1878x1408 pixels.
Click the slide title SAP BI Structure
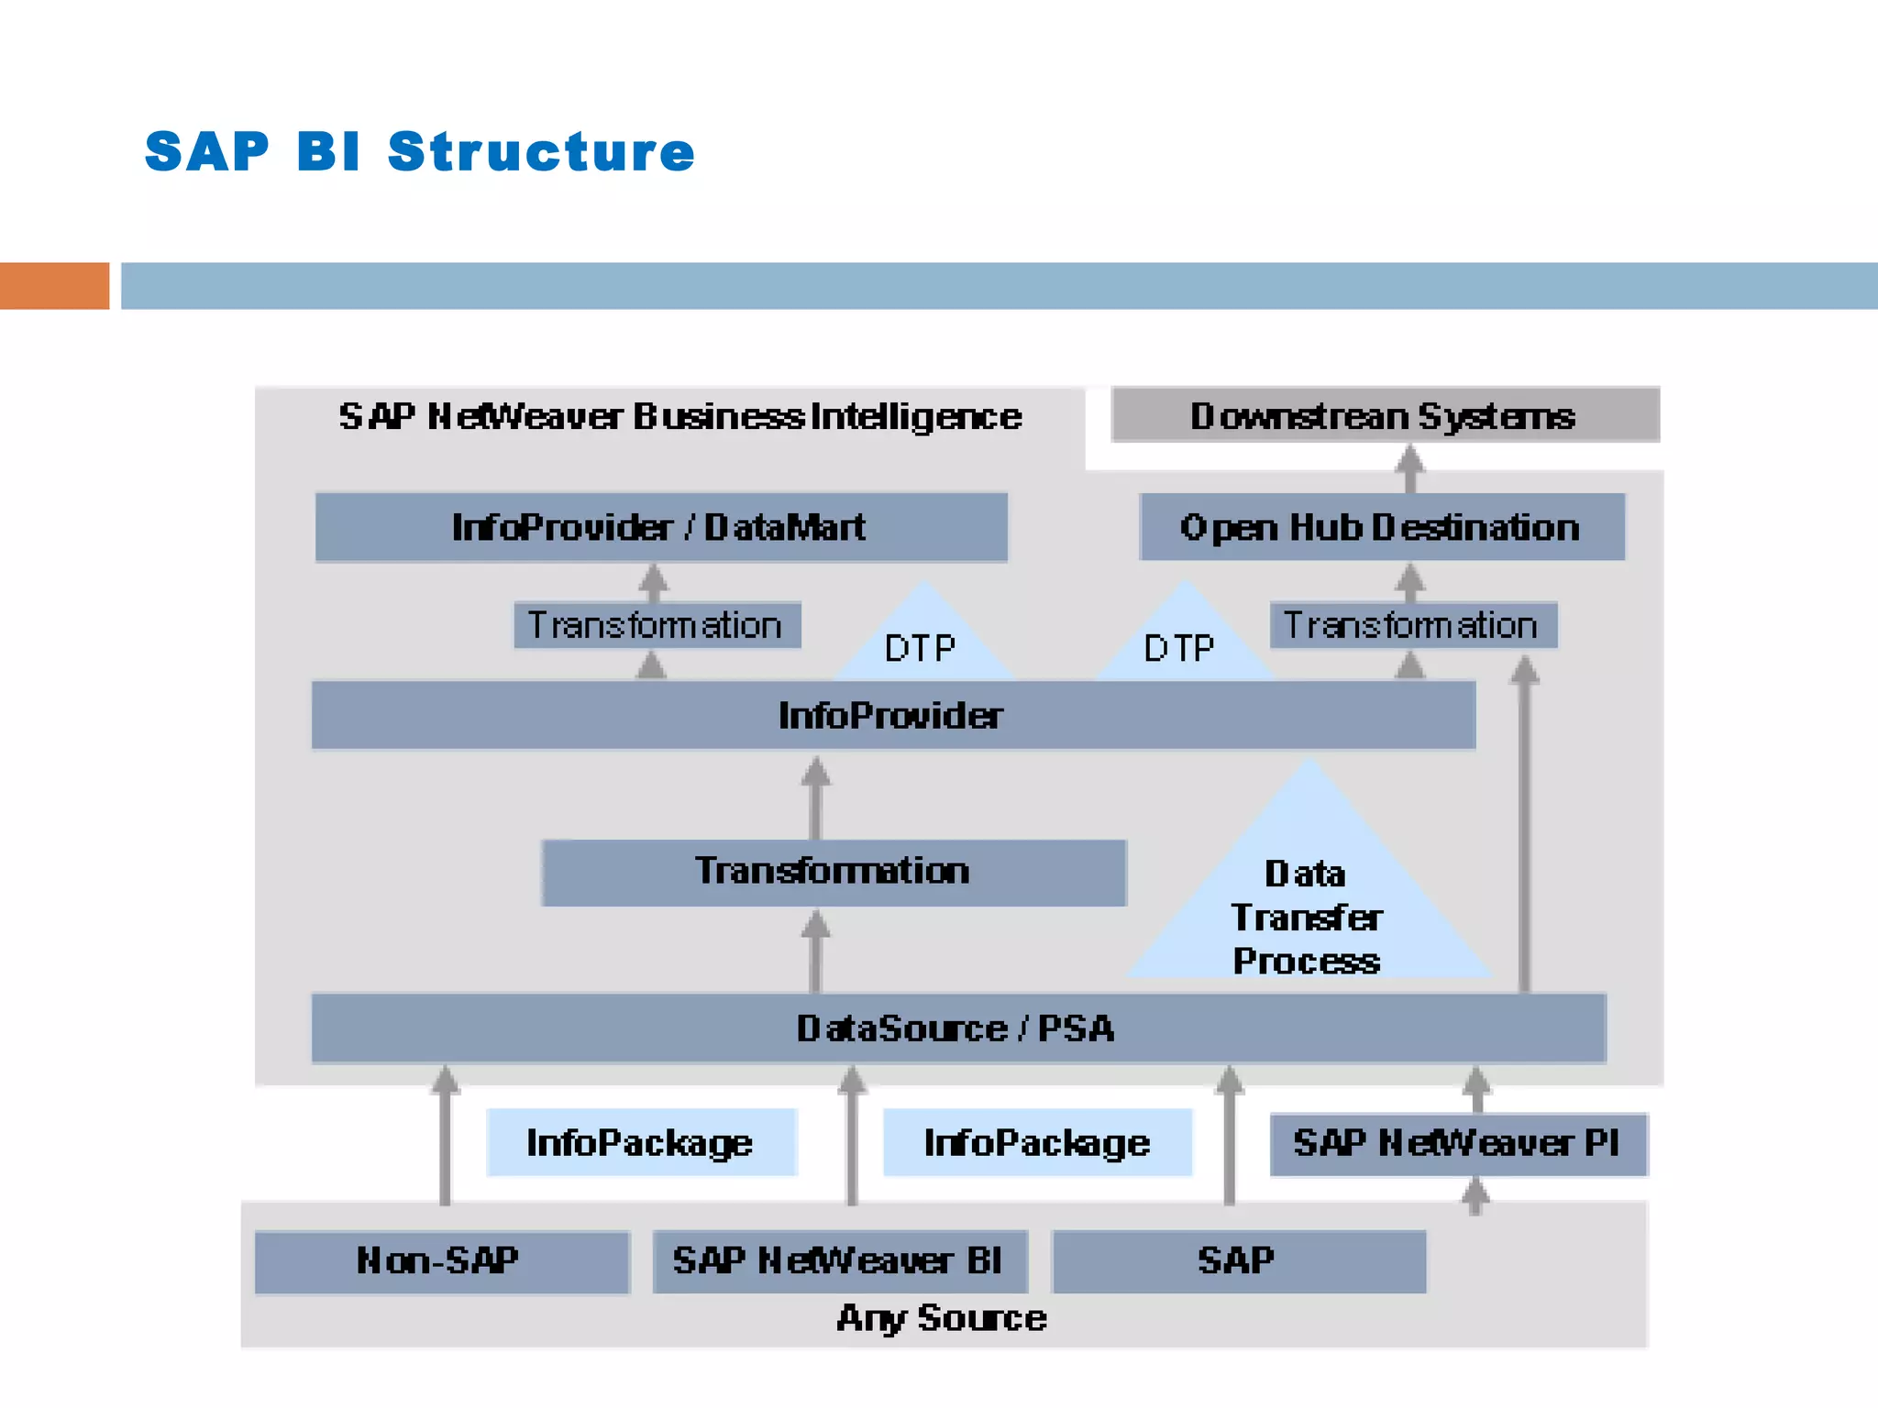(x=420, y=151)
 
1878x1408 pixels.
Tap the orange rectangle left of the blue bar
(x=54, y=285)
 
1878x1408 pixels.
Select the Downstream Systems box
(x=1385, y=415)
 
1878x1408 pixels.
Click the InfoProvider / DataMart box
(x=660, y=527)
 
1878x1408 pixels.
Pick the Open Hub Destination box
(x=1381, y=527)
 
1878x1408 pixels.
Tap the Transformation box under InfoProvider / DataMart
(x=657, y=625)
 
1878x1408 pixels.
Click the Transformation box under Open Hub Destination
(x=1412, y=625)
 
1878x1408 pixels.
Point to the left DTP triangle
(x=922, y=642)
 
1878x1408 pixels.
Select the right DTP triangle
(x=1183, y=642)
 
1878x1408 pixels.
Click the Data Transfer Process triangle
(x=1308, y=907)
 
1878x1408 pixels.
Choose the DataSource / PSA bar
(x=957, y=1028)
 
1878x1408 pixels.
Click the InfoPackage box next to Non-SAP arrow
(x=641, y=1142)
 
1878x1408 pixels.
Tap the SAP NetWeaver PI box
(x=1457, y=1143)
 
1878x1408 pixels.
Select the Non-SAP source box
(x=441, y=1261)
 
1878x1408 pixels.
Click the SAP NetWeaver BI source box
(x=839, y=1261)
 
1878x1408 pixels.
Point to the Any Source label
(x=942, y=1318)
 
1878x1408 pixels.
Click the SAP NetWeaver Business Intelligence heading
(x=679, y=416)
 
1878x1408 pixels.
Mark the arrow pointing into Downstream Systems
(x=1409, y=467)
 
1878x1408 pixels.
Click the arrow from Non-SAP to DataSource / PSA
(x=445, y=1137)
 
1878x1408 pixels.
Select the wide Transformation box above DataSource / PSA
(x=833, y=872)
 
